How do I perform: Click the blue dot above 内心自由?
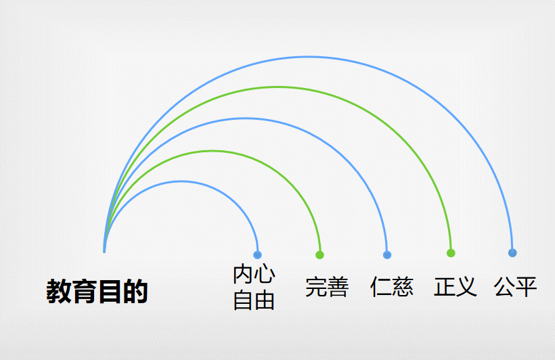(257, 255)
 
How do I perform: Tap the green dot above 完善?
(320, 255)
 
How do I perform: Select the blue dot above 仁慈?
(387, 255)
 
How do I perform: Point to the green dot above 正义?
(451, 253)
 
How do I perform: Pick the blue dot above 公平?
(512, 253)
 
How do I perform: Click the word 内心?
(254, 275)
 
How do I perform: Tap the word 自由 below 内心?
(254, 300)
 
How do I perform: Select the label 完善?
(327, 287)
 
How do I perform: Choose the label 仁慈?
(392, 287)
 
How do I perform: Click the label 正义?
(456, 286)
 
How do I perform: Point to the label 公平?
(516, 286)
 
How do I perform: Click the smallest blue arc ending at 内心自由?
(181, 181)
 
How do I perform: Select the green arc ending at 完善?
(213, 151)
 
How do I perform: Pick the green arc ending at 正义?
(277, 87)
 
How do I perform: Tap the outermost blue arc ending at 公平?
(309, 56)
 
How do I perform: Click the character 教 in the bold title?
(60, 292)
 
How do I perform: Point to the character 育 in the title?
(85, 292)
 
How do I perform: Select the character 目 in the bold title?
(110, 292)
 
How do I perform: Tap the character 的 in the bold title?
(135, 292)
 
